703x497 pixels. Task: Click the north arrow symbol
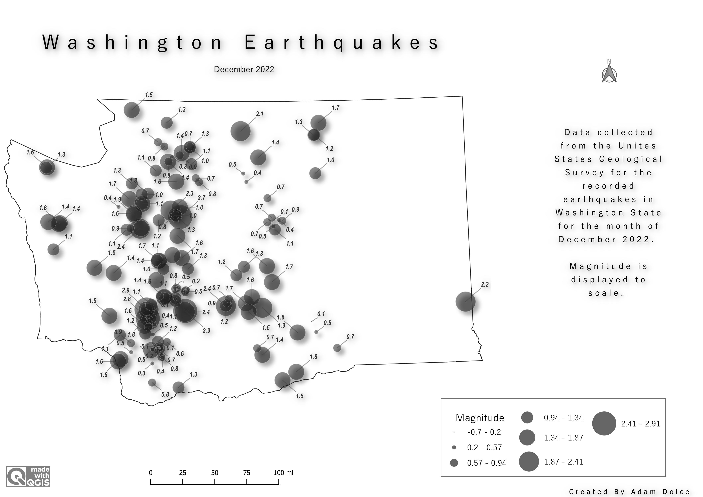click(609, 73)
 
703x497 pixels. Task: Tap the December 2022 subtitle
click(244, 70)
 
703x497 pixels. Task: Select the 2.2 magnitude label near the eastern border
click(485, 284)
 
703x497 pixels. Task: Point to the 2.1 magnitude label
click(259, 114)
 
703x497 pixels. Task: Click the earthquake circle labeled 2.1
click(240, 131)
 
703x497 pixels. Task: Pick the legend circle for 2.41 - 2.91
click(604, 423)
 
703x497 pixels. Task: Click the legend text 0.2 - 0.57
click(484, 448)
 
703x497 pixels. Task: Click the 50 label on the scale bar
click(215, 473)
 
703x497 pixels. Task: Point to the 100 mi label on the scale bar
click(283, 473)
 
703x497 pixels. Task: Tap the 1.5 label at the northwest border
click(149, 95)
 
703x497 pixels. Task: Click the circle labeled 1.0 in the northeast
click(315, 173)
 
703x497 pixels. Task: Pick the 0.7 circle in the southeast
click(337, 348)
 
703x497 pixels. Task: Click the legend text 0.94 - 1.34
click(563, 418)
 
